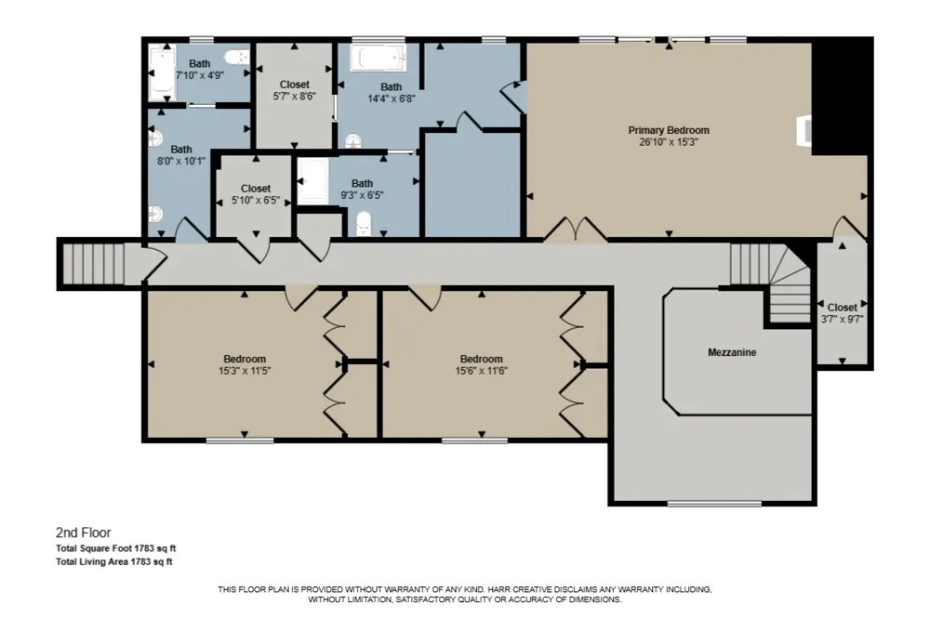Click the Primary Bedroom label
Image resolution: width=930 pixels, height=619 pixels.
(x=669, y=130)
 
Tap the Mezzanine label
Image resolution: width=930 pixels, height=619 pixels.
(x=732, y=352)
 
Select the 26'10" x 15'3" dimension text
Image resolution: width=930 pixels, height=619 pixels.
(x=669, y=142)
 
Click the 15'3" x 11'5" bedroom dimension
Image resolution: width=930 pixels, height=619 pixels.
(x=245, y=371)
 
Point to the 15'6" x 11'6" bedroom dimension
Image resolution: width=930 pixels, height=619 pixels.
(x=481, y=371)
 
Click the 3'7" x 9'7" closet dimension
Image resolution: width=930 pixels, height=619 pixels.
(x=842, y=319)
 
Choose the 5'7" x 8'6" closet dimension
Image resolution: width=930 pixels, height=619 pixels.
(x=294, y=96)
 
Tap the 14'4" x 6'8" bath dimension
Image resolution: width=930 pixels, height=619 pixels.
(x=391, y=99)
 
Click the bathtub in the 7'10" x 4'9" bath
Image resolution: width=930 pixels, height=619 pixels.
(x=161, y=73)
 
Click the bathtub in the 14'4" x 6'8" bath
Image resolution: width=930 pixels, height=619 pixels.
(x=378, y=59)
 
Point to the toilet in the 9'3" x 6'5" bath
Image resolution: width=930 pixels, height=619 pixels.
(x=363, y=225)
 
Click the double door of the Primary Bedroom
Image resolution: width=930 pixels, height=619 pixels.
(x=576, y=230)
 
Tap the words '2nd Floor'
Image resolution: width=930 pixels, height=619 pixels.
(x=84, y=533)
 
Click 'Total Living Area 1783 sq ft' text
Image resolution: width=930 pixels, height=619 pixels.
(x=113, y=561)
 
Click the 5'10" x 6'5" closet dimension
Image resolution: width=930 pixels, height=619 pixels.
(x=256, y=201)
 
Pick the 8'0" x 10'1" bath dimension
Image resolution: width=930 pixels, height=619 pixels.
(x=181, y=161)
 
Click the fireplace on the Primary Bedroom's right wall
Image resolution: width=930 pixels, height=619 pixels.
(x=804, y=130)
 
